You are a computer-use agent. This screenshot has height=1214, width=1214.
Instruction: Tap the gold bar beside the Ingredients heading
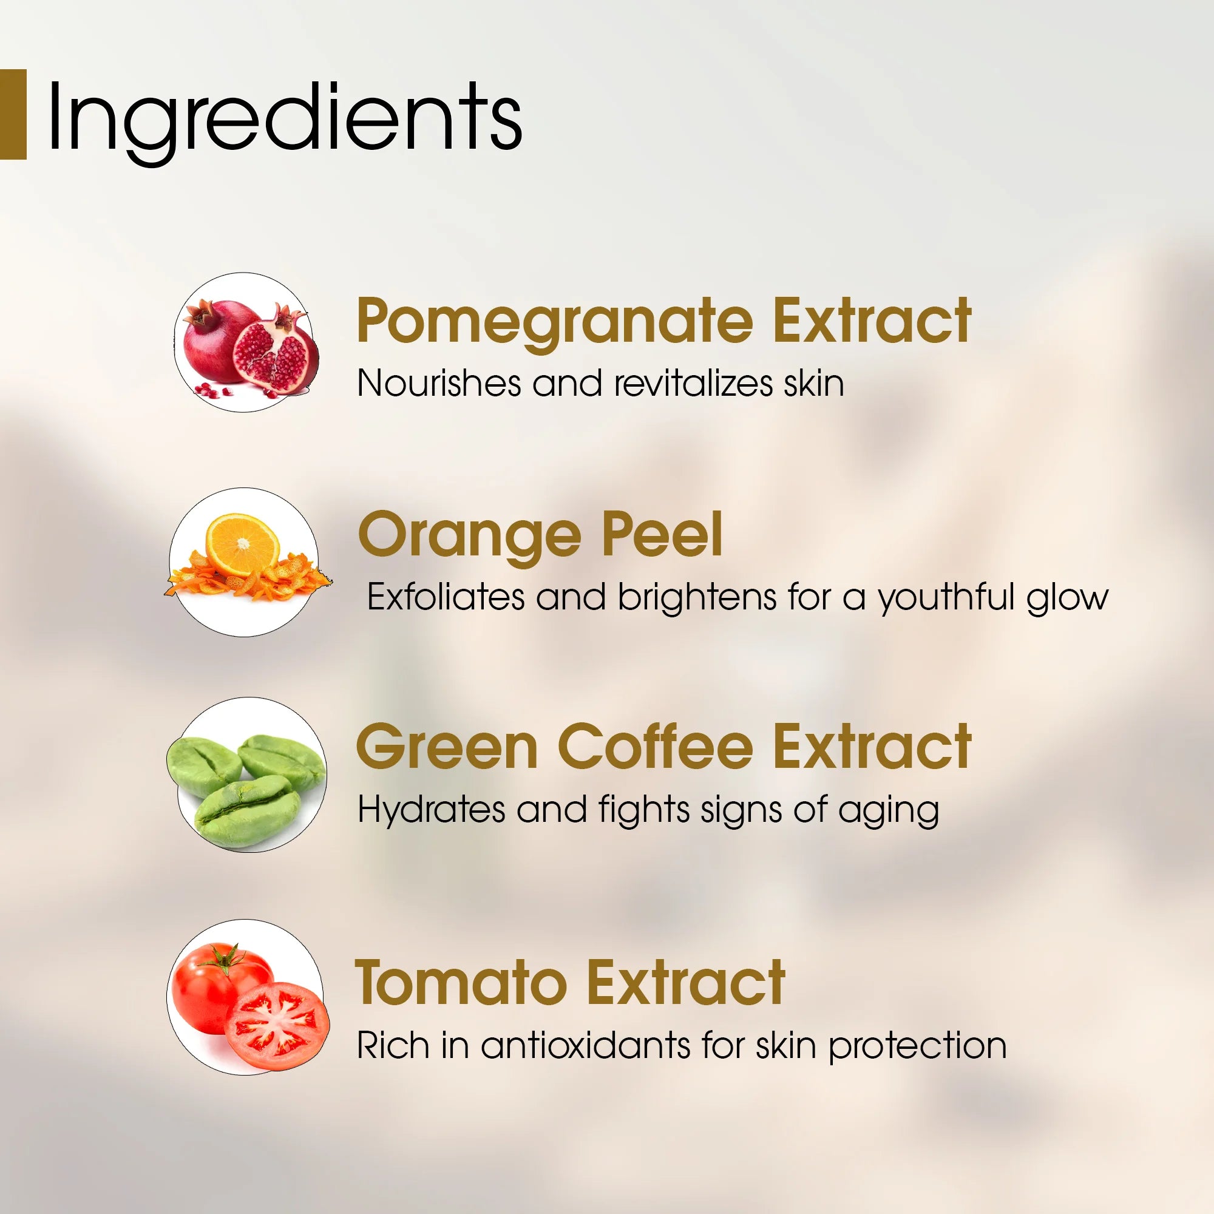[x=13, y=114]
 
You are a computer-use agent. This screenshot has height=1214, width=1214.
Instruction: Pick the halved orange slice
[x=243, y=543]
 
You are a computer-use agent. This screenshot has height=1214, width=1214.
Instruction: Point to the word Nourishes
[x=439, y=383]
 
